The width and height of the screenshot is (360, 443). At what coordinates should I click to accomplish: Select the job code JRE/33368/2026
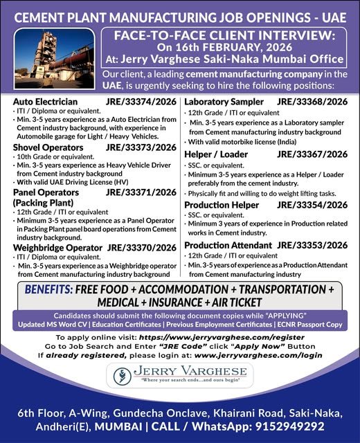[312, 101]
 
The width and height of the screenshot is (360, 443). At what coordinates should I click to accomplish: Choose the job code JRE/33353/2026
[313, 245]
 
